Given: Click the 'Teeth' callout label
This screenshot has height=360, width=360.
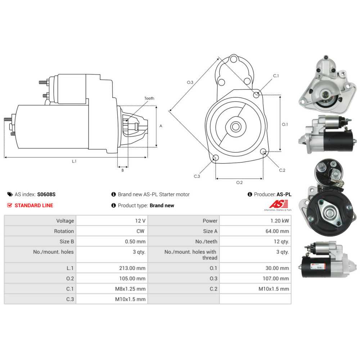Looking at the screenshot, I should pos(149,98).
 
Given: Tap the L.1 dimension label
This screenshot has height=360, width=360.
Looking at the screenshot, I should pos(74,161).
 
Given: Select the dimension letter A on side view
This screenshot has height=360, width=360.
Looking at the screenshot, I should pos(161,126).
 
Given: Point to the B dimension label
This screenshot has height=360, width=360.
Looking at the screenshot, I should pos(122,170).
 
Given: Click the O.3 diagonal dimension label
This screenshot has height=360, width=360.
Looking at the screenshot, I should pos(190,82).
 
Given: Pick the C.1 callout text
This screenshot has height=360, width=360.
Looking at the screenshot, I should pos(276,76).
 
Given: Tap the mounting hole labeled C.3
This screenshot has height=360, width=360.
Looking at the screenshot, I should pos(216,158).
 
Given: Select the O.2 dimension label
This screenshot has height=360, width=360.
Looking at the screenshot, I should pos(239,183).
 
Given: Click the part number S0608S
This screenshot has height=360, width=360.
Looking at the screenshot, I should pos(46,194).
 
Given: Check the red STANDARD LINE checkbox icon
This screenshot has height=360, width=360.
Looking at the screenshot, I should pos(10,205).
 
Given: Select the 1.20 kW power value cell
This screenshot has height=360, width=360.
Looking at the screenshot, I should pos(281,221).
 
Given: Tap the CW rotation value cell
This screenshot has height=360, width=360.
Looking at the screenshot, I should pos(141,231).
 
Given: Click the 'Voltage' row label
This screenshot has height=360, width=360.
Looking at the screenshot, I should pos(65,221).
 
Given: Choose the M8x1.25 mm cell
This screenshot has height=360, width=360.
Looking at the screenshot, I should pos(130,289).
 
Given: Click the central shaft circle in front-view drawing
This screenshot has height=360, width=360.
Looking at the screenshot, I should pos(236,126).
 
